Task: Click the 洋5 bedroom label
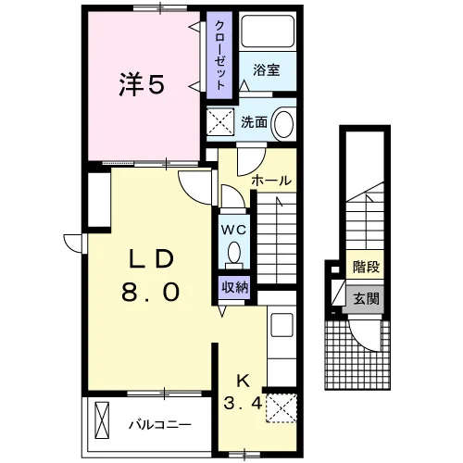pos(142,84)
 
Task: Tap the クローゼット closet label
pos(219,55)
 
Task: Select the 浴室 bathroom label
pos(267,70)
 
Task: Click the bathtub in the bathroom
pos(268,31)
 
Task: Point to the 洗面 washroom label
pos(254,122)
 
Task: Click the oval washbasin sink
pos(283,123)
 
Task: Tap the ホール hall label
pos(271,181)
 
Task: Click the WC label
pos(233,230)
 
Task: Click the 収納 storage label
pos(235,288)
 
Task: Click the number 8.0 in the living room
pos(151,293)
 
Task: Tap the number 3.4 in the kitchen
pos(243,403)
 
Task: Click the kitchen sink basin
pos(282,325)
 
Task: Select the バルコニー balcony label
pos(160,425)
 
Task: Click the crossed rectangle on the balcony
pos(102,420)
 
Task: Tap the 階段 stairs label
pos(367,267)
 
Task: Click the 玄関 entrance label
pos(366,298)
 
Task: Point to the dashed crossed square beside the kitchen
pos(282,408)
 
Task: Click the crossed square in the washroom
pos(220,121)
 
